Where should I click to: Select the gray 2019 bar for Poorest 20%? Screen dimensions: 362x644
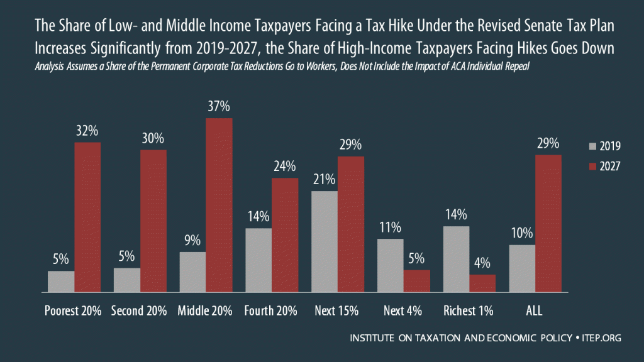click(61, 282)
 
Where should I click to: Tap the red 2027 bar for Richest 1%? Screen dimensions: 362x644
click(482, 283)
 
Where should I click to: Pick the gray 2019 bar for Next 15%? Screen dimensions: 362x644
click(325, 242)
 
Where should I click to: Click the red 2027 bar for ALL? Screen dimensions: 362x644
click(548, 224)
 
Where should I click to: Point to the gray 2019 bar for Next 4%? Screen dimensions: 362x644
click(390, 266)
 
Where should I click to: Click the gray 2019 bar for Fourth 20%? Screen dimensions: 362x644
click(258, 260)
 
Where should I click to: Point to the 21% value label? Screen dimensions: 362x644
click(325, 180)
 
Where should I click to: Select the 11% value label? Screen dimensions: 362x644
click(390, 228)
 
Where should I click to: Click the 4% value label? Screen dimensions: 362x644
click(482, 263)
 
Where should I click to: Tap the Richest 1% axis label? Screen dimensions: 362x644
click(469, 311)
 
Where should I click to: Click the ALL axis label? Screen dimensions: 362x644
click(535, 311)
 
